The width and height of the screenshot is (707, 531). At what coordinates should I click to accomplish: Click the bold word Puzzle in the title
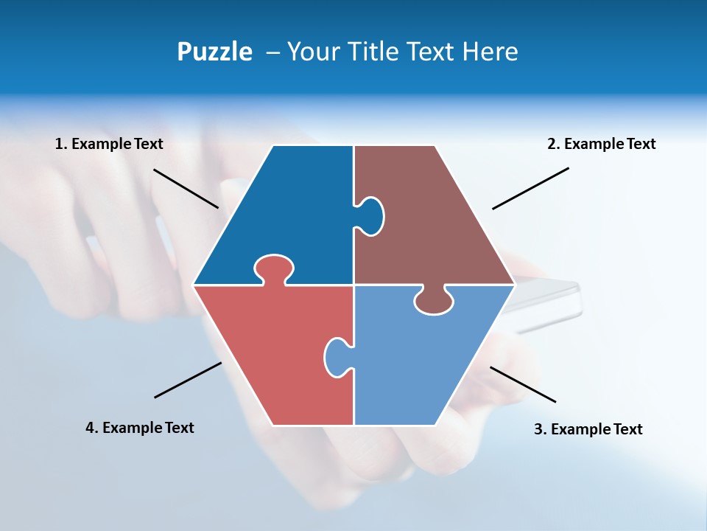214,52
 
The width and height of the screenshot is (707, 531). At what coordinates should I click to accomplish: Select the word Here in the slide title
490,52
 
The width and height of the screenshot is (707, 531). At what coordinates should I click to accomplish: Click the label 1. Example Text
109,144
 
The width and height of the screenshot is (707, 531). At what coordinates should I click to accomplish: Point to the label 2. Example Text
601,144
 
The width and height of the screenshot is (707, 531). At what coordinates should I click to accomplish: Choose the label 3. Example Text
588,429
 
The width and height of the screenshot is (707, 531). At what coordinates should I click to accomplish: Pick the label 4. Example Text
140,428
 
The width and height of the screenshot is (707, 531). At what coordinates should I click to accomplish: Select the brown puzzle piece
435,221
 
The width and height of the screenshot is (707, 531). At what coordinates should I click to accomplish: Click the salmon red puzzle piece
272,354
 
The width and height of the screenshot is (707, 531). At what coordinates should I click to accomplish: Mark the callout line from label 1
186,188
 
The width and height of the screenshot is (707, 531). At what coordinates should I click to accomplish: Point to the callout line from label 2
530,188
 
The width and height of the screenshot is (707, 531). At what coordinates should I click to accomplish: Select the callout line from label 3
523,384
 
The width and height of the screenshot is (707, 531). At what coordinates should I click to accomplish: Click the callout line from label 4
188,380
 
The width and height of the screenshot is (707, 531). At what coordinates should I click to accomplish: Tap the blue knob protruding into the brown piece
372,215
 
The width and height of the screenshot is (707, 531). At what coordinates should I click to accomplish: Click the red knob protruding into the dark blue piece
274,268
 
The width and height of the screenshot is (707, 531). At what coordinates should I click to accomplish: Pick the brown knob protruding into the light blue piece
434,301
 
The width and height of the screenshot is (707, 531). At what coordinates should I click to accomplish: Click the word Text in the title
432,52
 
